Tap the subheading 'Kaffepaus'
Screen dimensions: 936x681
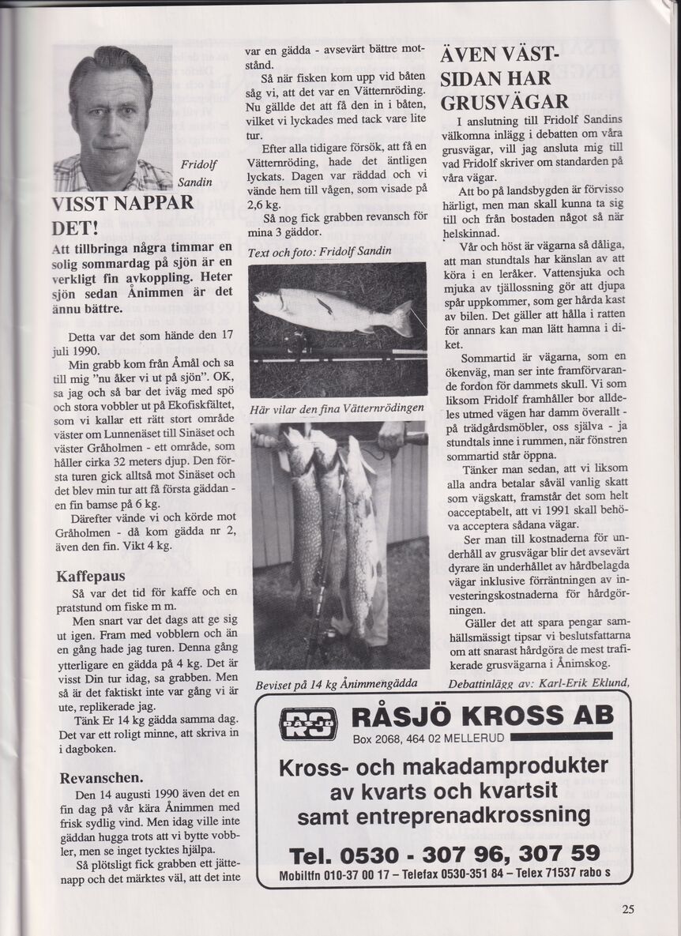[x=93, y=577]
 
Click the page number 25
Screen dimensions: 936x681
[x=627, y=908]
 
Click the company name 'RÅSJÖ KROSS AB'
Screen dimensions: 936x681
[x=482, y=716]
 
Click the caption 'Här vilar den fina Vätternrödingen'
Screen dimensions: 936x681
[x=337, y=408]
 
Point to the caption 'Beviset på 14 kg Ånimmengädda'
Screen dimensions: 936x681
[x=337, y=682]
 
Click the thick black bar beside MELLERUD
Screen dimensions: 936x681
[x=561, y=737]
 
